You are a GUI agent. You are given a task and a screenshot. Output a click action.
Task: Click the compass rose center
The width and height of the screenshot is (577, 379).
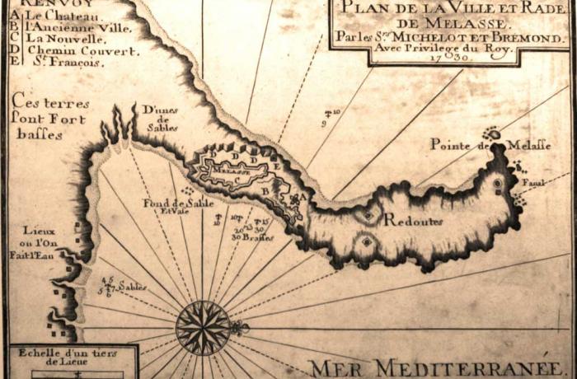point(203,327)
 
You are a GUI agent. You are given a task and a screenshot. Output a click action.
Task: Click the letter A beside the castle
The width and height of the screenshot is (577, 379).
point(303,197)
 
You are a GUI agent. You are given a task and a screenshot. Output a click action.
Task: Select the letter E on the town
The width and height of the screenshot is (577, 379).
point(277,166)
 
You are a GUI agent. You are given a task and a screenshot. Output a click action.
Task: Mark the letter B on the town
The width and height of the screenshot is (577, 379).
point(264,191)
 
